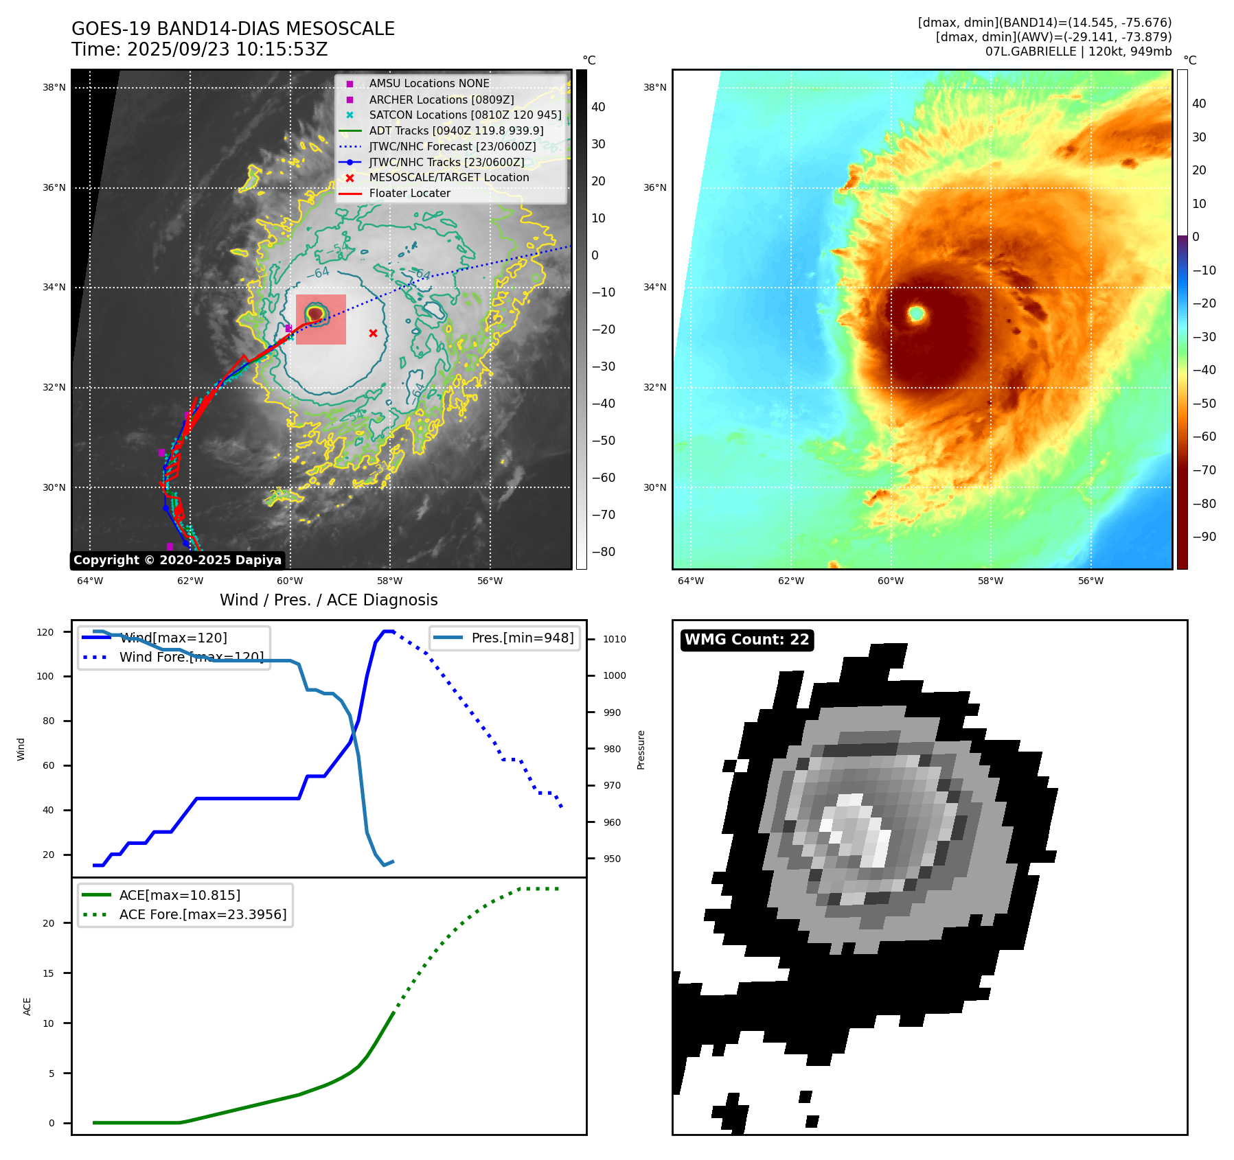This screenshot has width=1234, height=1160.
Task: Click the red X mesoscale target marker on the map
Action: (x=373, y=334)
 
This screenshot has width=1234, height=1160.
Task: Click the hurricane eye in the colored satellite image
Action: (x=916, y=314)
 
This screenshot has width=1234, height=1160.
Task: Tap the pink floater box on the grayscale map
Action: (x=321, y=319)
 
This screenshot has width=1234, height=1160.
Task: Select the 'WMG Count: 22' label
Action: (x=746, y=640)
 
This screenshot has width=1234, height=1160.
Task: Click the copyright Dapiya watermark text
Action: (x=177, y=560)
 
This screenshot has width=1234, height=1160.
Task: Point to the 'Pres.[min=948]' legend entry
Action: (x=522, y=638)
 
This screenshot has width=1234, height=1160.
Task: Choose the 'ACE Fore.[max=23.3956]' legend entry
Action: (x=203, y=914)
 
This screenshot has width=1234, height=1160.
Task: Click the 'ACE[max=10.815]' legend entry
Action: (x=180, y=895)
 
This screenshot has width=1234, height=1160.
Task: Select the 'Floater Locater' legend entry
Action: (x=409, y=194)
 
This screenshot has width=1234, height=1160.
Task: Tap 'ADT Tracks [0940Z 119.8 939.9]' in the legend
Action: (x=456, y=130)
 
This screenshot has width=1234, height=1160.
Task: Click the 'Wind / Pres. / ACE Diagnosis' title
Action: (x=328, y=600)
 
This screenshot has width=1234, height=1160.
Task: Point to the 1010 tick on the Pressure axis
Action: (x=615, y=639)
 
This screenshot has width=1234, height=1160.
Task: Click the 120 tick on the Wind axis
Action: (x=45, y=632)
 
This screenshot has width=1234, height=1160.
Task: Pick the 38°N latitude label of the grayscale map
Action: (x=54, y=88)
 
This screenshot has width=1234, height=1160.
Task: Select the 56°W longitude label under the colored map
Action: (x=1090, y=581)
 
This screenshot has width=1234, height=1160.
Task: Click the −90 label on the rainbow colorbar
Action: (x=1204, y=537)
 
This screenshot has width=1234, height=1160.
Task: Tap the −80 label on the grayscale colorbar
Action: (x=604, y=552)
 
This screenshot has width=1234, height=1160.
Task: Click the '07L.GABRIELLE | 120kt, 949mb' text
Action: (x=1078, y=51)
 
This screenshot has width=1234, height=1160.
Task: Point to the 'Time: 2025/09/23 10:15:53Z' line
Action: (x=200, y=49)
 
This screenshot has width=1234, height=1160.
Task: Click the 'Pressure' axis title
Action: (x=641, y=750)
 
